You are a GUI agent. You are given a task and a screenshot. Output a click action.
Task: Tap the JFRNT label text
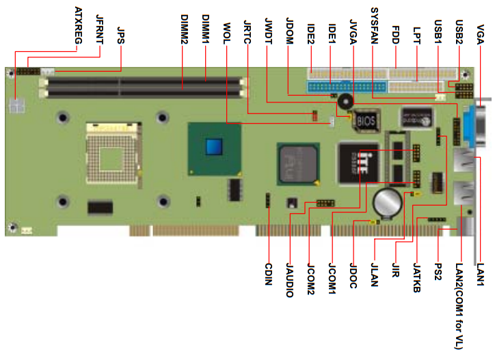pos(100,28)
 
